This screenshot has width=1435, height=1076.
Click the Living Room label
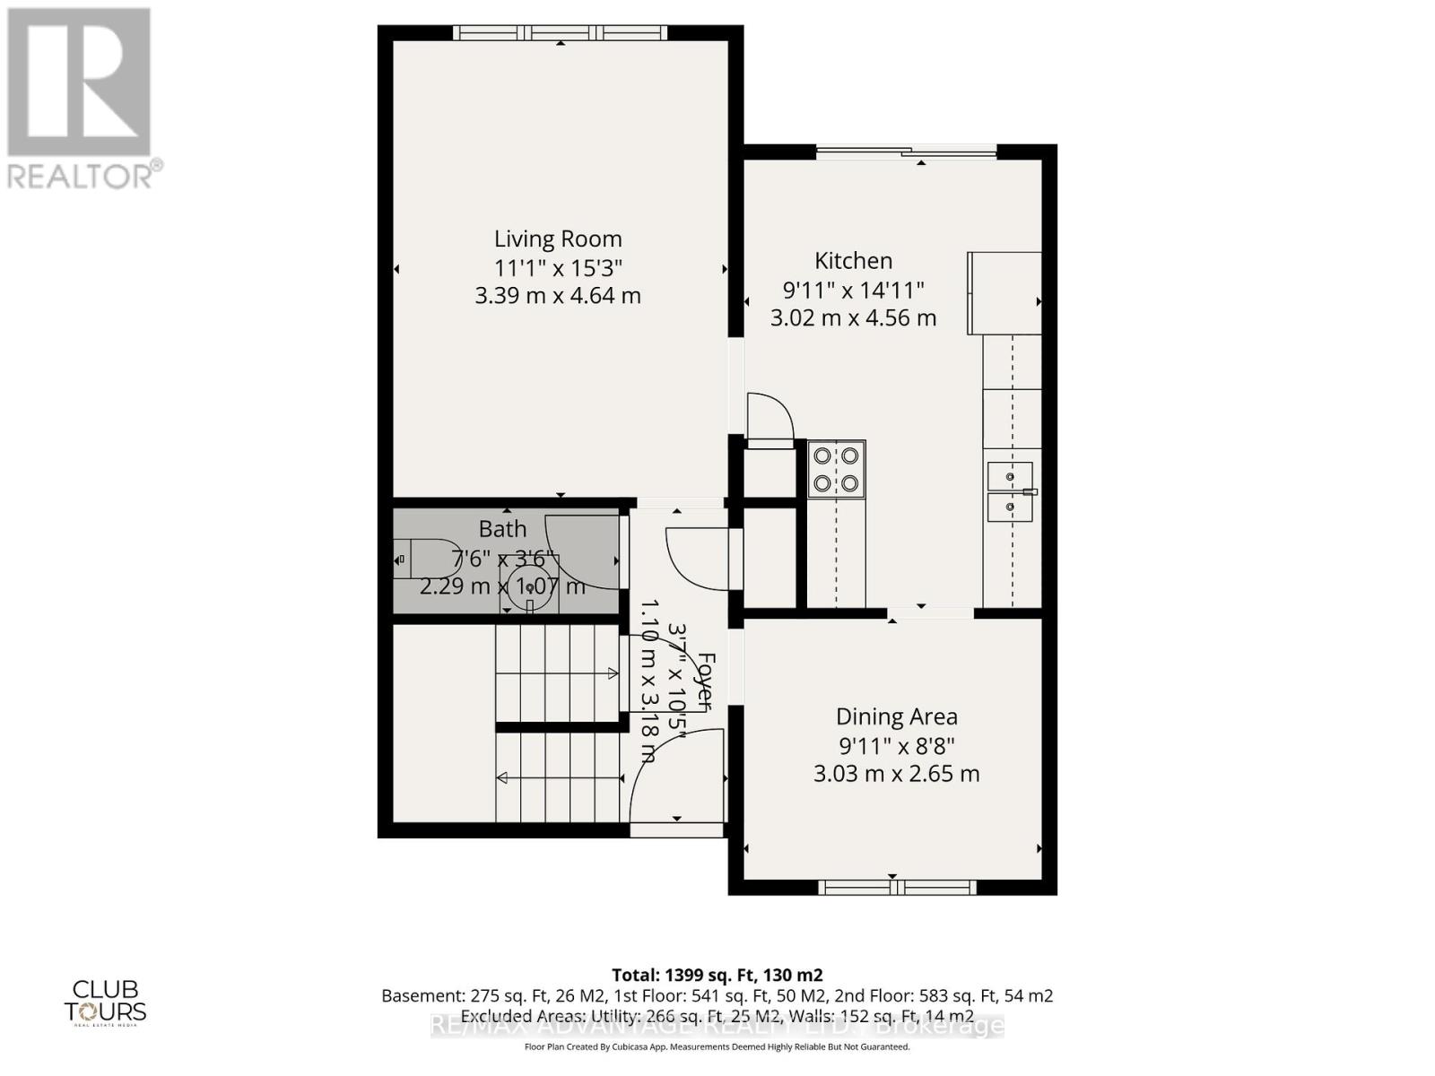click(x=558, y=239)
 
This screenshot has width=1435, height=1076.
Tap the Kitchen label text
click(x=853, y=261)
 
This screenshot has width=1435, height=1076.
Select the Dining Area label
click(x=896, y=716)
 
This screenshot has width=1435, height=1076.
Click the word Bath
click(x=502, y=529)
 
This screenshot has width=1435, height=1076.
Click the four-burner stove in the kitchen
click(x=836, y=469)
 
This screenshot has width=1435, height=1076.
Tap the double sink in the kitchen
click(x=1010, y=491)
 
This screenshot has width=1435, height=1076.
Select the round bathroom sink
click(x=530, y=585)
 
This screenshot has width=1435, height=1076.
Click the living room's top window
click(x=560, y=33)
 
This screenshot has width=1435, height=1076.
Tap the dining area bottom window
click(x=896, y=888)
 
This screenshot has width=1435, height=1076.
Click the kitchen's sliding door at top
click(x=906, y=153)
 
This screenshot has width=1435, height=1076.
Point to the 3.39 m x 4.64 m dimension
click(x=558, y=296)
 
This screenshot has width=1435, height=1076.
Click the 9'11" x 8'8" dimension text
click(x=896, y=745)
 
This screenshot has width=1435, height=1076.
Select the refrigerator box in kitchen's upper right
click(x=1004, y=293)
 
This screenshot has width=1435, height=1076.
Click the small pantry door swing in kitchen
click(x=771, y=417)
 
